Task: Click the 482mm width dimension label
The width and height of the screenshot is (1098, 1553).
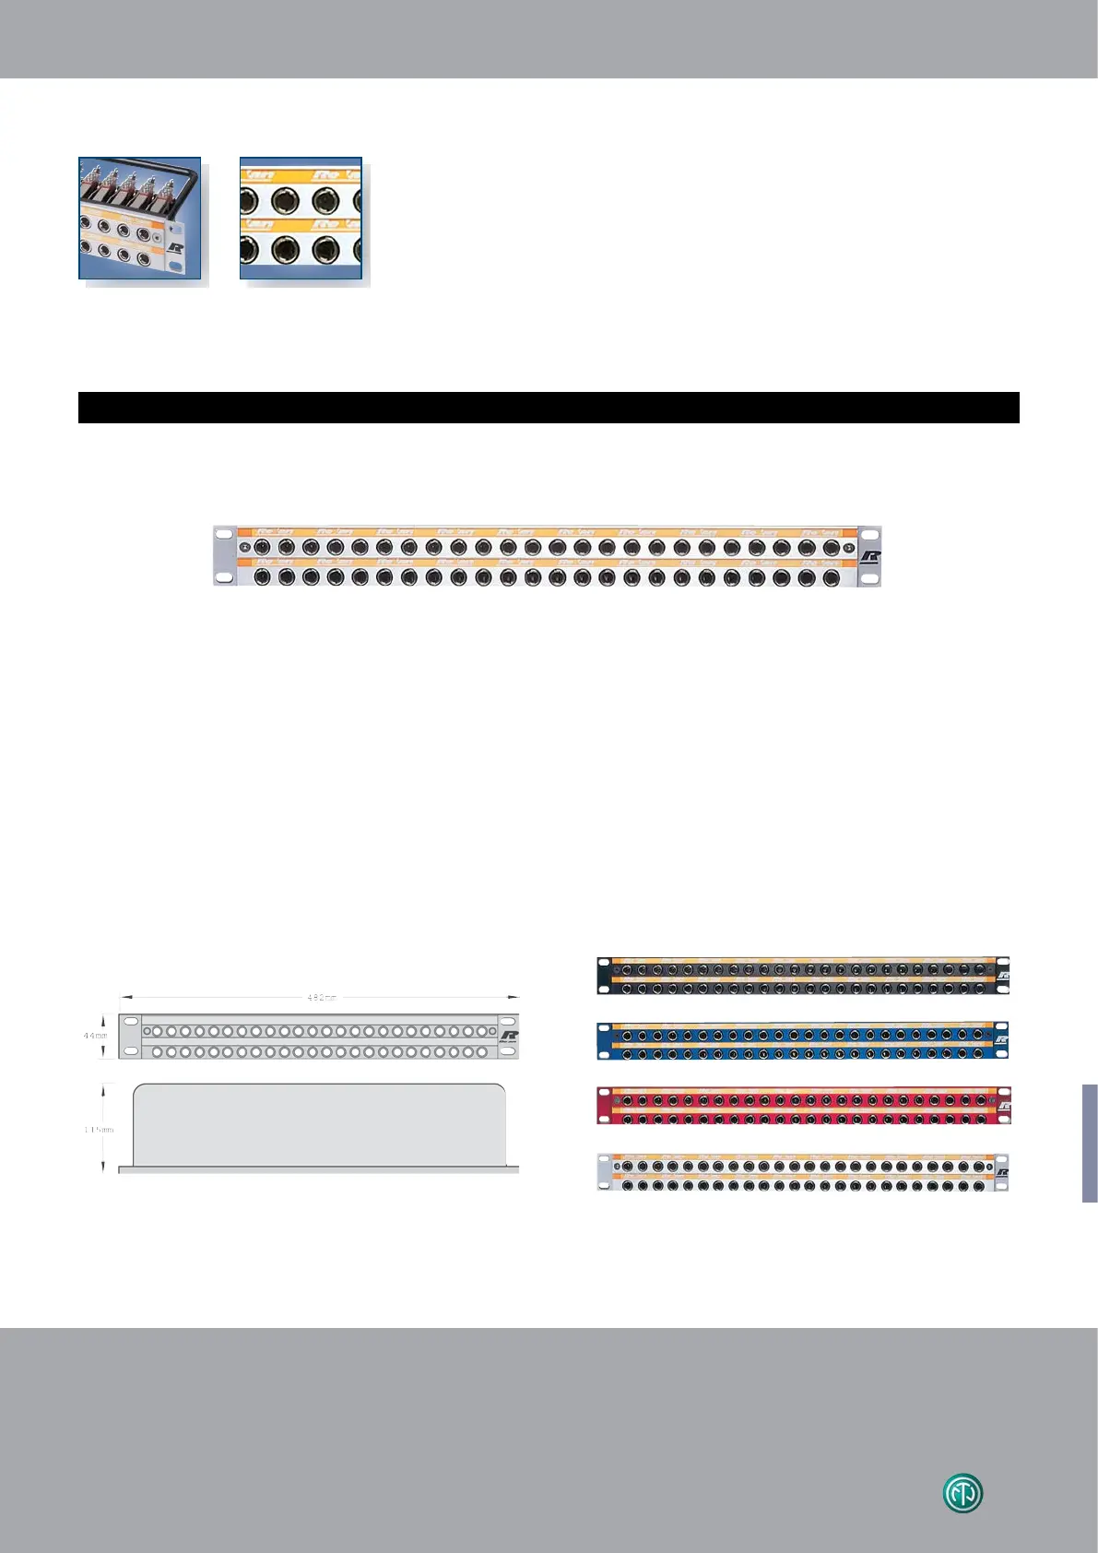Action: [x=321, y=997]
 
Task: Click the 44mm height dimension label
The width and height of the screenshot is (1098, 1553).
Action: [x=95, y=1036]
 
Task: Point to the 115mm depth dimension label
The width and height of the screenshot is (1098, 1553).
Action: [x=99, y=1129]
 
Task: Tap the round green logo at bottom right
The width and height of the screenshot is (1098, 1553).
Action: [x=962, y=1493]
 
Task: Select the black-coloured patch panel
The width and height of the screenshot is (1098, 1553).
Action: [x=803, y=976]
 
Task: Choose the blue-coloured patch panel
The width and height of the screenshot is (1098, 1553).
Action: [x=803, y=1040]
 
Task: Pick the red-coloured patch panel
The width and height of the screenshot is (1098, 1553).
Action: [x=803, y=1106]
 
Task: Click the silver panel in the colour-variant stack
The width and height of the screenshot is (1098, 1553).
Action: [x=803, y=1172]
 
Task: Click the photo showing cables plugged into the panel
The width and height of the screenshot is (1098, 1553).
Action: [x=140, y=218]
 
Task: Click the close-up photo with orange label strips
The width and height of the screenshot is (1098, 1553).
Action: [x=301, y=218]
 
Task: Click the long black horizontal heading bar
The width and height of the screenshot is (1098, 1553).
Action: [x=549, y=408]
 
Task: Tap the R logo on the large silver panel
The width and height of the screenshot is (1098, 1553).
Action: [x=869, y=558]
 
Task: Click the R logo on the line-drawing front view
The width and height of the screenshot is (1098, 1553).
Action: [x=509, y=1037]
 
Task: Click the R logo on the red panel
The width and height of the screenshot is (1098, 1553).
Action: [x=1003, y=1106]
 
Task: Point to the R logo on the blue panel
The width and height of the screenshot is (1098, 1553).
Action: [x=1002, y=1041]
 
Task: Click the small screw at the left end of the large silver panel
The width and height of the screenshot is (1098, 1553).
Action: [x=244, y=547]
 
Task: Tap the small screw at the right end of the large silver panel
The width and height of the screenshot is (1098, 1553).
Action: [x=848, y=547]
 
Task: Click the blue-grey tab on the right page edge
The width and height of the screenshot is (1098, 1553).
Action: [x=1090, y=1143]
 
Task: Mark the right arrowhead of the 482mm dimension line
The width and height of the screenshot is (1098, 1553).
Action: [x=515, y=997]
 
